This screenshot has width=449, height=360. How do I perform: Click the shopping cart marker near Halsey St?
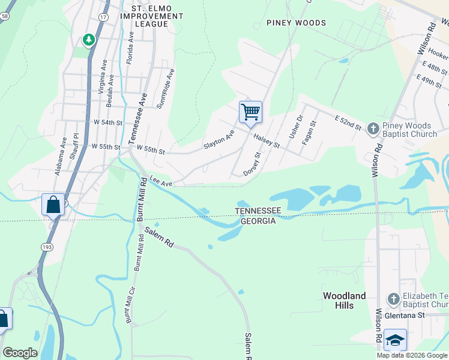[250, 112]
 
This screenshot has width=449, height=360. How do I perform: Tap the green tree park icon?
[89, 40]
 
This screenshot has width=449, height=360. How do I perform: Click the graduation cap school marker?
[395, 340]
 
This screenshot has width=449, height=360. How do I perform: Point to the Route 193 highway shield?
[47, 247]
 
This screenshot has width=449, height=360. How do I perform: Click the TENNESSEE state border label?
[258, 211]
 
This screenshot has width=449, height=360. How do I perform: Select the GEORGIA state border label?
[258, 221]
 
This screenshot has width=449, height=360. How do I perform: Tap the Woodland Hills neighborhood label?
[345, 301]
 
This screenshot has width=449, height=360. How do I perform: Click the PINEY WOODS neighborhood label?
[297, 23]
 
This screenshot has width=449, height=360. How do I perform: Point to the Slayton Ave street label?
[218, 140]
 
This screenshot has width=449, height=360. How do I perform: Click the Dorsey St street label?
[252, 164]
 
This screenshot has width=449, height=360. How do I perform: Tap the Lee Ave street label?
[161, 181]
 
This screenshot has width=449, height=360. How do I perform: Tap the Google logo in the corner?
[20, 353]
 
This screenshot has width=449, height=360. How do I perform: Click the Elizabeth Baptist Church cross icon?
[393, 299]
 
